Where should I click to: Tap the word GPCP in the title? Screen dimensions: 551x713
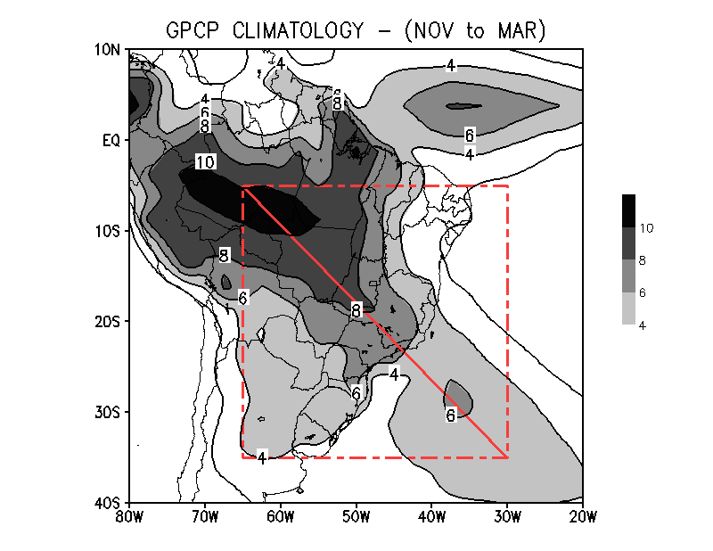pyautogui.click(x=191, y=30)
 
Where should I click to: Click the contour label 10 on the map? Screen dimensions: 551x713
pyautogui.click(x=205, y=162)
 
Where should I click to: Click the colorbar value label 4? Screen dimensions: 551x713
pyautogui.click(x=643, y=325)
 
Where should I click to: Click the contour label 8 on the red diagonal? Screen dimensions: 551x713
pyautogui.click(x=356, y=310)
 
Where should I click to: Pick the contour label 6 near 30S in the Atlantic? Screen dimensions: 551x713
pyautogui.click(x=451, y=415)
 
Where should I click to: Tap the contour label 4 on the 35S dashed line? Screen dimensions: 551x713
pyautogui.click(x=262, y=457)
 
